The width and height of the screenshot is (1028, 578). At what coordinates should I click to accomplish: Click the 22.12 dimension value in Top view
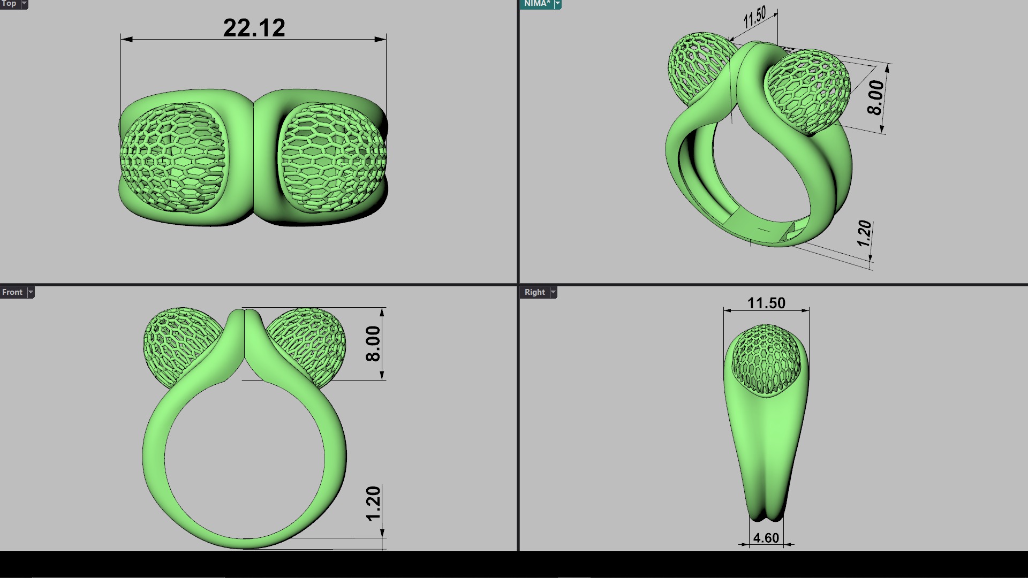pos(254,28)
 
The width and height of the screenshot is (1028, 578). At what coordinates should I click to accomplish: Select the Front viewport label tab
pos(12,292)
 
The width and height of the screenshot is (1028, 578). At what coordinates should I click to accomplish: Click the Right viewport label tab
pos(534,292)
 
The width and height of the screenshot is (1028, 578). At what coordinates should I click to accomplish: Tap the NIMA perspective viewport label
pos(536,4)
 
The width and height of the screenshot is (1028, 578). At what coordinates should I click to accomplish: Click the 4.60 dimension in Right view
pos(766,538)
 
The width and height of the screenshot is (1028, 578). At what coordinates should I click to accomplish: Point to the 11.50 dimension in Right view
pos(766,303)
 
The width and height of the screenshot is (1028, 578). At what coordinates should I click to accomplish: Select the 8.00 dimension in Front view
pos(373,344)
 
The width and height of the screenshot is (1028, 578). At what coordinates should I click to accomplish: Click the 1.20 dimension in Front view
pos(373,503)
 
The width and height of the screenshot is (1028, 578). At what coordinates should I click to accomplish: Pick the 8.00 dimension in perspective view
pos(875,97)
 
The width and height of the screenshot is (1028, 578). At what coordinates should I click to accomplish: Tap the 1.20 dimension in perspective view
pos(864,233)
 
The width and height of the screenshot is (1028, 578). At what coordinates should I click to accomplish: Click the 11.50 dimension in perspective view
pos(754,17)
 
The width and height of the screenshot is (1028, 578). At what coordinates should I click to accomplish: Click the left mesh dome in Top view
pos(172,157)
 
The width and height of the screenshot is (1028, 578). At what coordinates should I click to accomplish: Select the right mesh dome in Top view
pos(332,157)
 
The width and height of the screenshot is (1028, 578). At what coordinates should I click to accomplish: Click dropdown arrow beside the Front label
pos(31,292)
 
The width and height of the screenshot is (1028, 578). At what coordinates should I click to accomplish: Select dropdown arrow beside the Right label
pos(553,292)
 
